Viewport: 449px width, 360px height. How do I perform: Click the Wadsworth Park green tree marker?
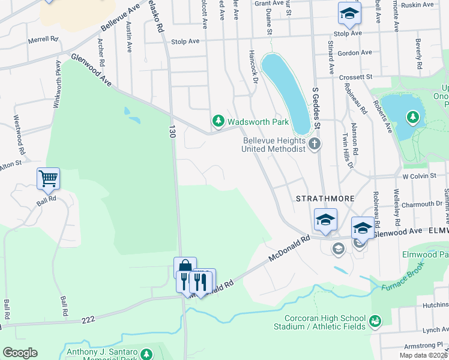[x=218, y=122]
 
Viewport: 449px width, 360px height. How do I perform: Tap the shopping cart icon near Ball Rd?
[x=48, y=178]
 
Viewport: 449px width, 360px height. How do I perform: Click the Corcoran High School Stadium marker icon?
[x=375, y=322]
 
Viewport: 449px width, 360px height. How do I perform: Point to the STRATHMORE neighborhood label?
[x=324, y=197]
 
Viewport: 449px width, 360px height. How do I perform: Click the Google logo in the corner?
[x=19, y=353]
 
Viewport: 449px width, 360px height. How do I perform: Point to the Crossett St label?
[x=356, y=77]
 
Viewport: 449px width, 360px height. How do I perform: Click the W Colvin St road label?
[x=417, y=176]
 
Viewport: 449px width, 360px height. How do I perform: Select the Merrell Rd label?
[x=43, y=40]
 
